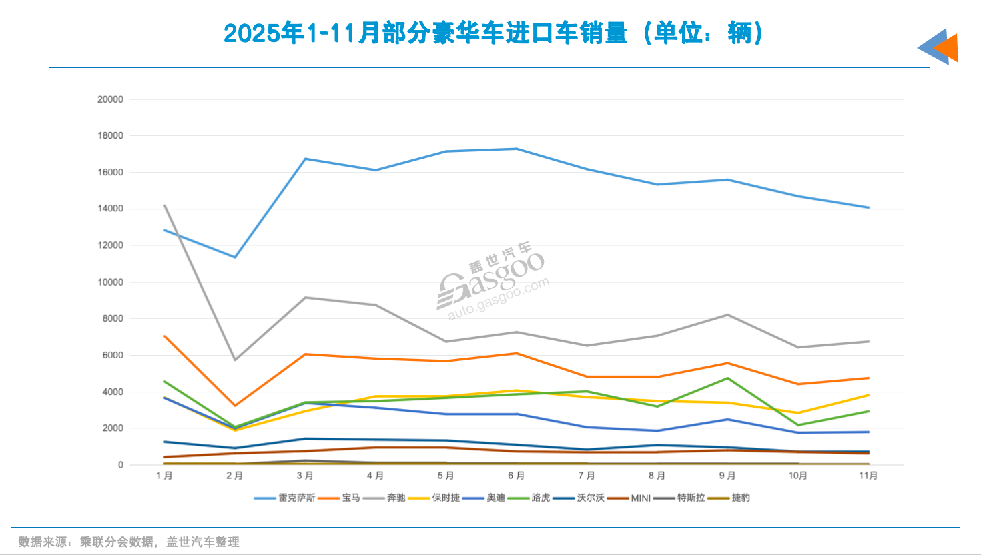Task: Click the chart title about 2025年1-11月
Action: pos(493,33)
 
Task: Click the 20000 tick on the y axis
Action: pos(110,99)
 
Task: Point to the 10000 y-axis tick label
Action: pos(110,282)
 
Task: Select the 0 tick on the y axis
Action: pos(121,465)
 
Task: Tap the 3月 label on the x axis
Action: pos(305,476)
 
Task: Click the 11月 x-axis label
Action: pos(868,476)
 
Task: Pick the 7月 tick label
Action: pos(587,476)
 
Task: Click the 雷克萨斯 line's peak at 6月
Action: pos(517,149)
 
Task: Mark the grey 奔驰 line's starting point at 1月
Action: pos(164,205)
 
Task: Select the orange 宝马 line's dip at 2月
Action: pos(235,406)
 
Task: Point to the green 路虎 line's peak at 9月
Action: pos(727,378)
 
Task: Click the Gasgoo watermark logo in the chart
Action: pos(492,280)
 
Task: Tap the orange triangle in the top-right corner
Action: pos(948,48)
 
